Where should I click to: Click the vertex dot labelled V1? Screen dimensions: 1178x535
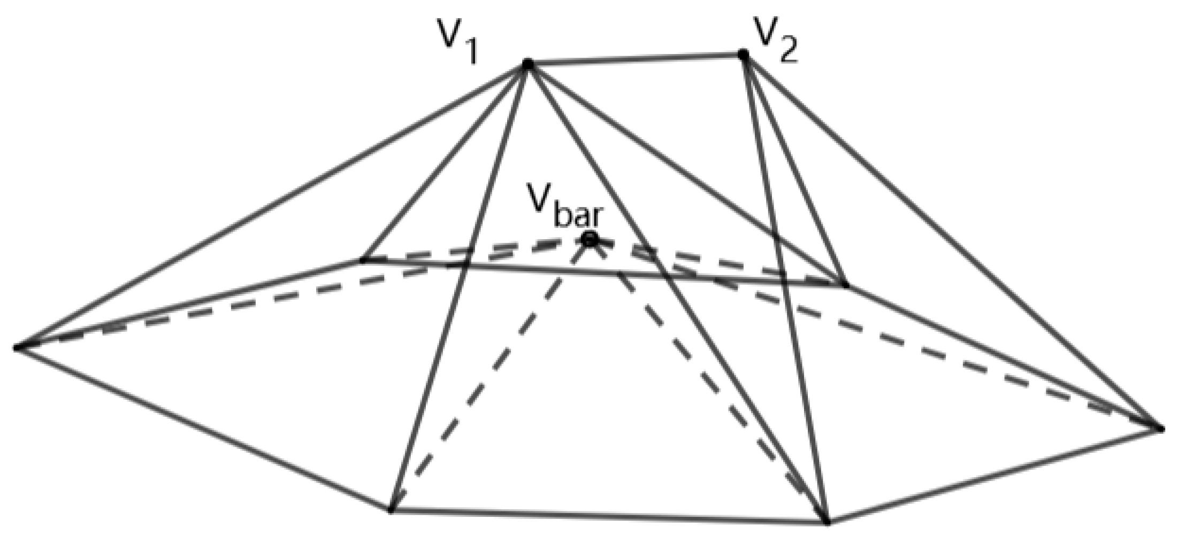click(x=527, y=64)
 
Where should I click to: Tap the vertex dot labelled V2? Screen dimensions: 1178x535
click(x=743, y=54)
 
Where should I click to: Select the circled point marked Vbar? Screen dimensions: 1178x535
click(x=590, y=239)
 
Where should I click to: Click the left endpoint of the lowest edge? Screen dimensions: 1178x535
click(x=391, y=509)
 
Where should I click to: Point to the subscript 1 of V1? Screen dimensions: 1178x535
click(x=471, y=54)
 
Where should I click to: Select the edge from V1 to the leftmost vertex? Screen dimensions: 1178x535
click(x=273, y=206)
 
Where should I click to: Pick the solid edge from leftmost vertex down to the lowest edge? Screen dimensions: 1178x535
click(x=203, y=428)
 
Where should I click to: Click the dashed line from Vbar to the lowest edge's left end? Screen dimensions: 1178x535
click(x=489, y=374)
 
